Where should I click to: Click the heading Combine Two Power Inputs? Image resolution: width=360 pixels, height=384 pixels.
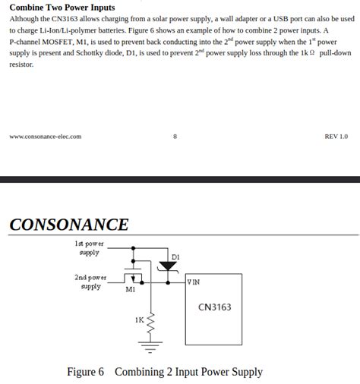point(62,8)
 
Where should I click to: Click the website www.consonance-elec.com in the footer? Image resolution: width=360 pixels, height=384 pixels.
point(45,137)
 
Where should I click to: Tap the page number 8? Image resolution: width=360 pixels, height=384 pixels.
point(175,137)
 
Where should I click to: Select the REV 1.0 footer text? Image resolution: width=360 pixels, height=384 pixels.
point(336,137)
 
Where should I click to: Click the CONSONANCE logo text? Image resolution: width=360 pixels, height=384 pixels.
point(69,225)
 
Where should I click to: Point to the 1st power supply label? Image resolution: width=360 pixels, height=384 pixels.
point(89,248)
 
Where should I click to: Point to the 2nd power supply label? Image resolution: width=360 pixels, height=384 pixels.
point(90,282)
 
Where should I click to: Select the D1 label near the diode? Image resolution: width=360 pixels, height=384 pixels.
point(175,257)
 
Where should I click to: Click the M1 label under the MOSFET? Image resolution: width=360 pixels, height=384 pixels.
point(130,289)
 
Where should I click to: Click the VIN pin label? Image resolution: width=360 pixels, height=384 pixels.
point(194,282)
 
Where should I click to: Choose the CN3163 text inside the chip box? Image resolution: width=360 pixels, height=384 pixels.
point(214,307)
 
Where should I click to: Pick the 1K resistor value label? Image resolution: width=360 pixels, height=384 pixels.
point(139,319)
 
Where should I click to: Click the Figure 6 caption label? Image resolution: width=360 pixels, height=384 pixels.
point(85,372)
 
